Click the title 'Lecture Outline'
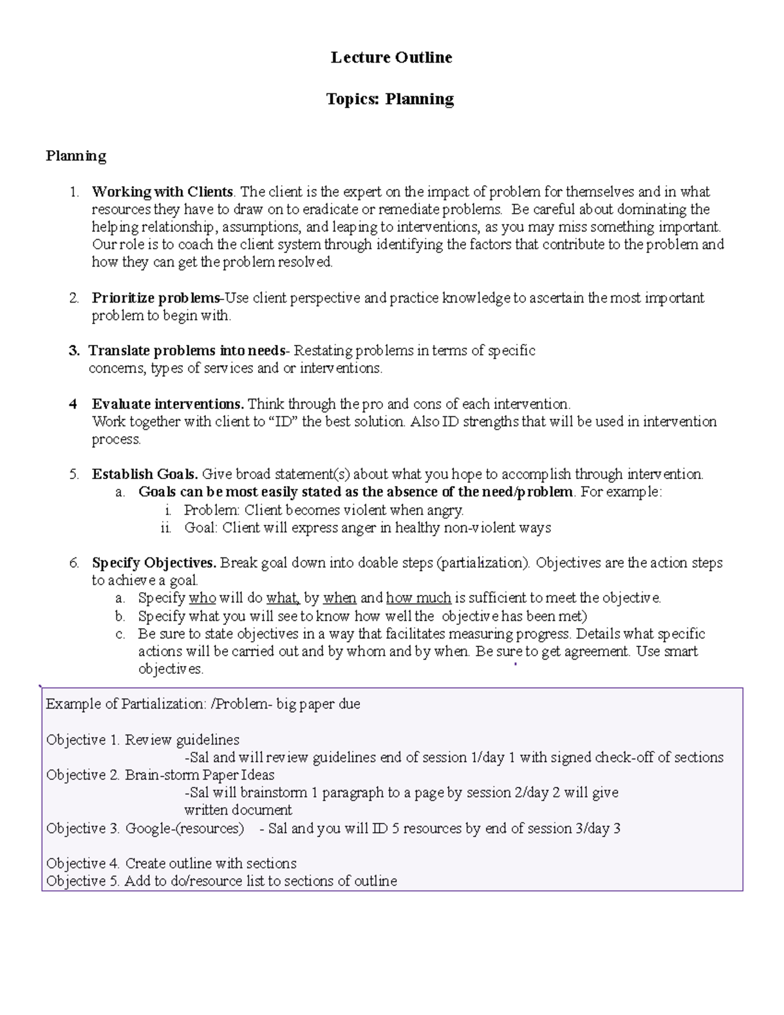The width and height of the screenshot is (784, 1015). (391, 58)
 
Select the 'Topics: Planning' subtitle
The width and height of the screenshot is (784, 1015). (390, 99)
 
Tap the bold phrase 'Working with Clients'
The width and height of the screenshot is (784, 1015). (162, 192)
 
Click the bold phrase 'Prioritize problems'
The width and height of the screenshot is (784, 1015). (155, 299)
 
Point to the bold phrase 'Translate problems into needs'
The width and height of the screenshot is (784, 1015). (187, 351)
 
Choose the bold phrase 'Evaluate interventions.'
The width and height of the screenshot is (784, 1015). (168, 404)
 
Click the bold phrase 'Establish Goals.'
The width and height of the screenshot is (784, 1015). (145, 474)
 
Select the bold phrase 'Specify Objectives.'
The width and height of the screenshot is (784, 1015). (154, 563)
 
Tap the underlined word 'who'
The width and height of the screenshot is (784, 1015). (202, 598)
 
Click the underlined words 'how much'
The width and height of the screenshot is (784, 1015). (418, 598)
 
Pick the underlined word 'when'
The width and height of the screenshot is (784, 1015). (339, 598)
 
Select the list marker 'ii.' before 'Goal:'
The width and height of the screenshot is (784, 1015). (166, 528)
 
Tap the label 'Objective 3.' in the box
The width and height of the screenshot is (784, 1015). (83, 829)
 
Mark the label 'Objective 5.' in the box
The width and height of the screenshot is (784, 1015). (83, 881)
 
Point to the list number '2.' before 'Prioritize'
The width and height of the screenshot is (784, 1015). (74, 299)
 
